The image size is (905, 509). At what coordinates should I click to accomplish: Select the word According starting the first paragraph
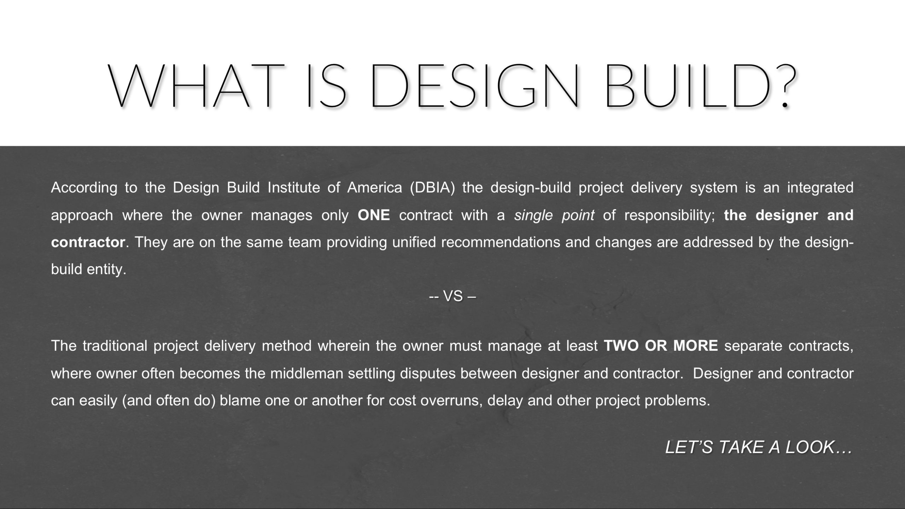click(84, 188)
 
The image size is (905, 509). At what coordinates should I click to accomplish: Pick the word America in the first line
click(374, 188)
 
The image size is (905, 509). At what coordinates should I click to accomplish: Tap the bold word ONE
click(374, 215)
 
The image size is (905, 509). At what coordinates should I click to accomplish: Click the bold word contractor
click(88, 243)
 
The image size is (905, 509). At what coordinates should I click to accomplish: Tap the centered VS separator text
click(452, 296)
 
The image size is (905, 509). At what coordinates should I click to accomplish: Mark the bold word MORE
click(696, 346)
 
